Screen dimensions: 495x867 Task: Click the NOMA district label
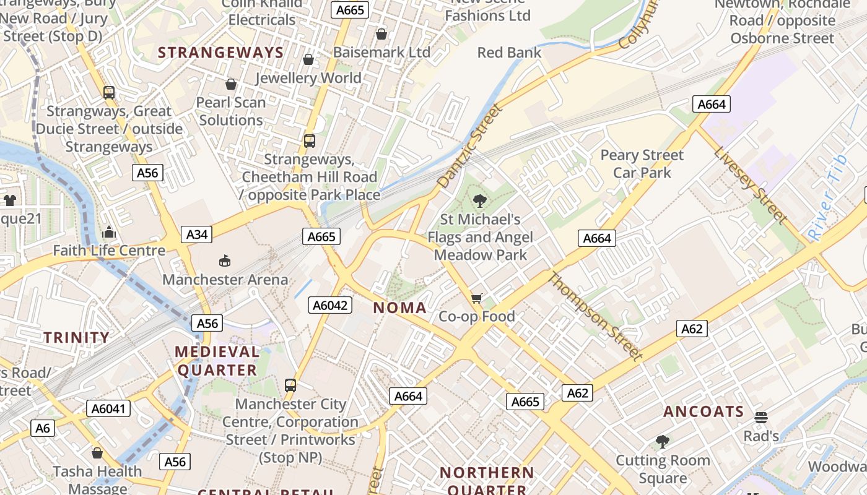coord(400,308)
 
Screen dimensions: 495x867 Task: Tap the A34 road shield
coord(197,235)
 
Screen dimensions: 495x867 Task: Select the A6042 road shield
coord(330,305)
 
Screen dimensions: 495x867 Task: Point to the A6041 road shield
coord(108,408)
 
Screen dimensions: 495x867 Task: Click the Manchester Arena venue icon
coord(225,261)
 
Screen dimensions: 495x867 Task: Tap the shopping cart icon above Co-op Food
coord(476,299)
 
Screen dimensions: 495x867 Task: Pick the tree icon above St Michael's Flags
coord(479,200)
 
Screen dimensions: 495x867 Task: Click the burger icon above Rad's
coord(760,418)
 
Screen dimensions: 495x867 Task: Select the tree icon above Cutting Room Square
coord(663,442)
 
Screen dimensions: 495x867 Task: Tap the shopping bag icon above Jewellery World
coord(308,59)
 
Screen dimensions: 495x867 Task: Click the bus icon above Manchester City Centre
coord(290,385)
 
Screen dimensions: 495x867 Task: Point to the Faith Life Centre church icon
coord(109,233)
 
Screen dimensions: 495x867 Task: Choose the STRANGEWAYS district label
coord(221,53)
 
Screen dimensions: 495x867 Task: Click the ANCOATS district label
coord(704,411)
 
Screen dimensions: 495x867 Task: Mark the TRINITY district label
coord(77,337)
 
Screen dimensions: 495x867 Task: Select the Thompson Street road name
coord(594,316)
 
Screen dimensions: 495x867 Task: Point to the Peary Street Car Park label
coord(642,164)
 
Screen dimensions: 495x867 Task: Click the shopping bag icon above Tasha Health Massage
coord(97,453)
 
